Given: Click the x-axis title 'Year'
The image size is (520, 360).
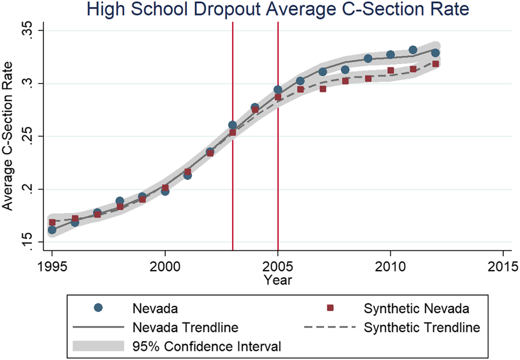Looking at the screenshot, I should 278,280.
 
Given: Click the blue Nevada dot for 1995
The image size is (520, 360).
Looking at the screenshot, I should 52,230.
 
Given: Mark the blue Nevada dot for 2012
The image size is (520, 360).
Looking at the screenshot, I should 435,52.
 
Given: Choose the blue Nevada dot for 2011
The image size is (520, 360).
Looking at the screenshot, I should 413,50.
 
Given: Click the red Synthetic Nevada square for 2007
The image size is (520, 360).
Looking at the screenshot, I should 323,89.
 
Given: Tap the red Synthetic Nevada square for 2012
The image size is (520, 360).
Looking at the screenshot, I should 435,64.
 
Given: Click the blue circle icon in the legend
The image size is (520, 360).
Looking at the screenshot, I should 98,308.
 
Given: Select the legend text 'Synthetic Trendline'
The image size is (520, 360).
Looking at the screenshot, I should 422,327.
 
